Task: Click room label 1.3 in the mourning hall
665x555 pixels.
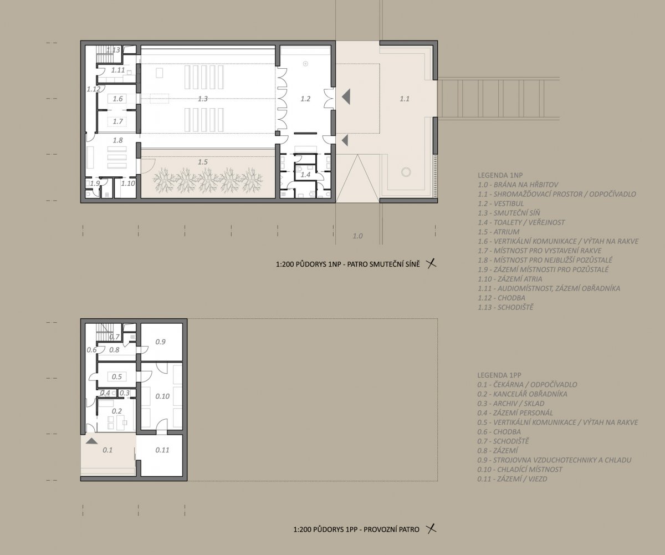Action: [203, 99]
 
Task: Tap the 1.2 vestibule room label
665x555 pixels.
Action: [305, 99]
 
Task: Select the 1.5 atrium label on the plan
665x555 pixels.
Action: [203, 162]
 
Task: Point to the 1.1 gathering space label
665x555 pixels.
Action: [405, 99]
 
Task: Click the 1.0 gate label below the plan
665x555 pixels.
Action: [357, 236]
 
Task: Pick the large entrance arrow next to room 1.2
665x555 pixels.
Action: [346, 96]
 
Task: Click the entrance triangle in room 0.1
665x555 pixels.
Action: [91, 441]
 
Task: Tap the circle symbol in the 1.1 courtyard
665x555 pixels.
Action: [406, 172]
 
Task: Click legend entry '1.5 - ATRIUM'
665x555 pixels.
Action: [498, 232]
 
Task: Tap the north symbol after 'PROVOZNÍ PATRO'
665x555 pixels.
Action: [431, 529]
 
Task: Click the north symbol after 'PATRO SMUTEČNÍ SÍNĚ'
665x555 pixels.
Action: [432, 264]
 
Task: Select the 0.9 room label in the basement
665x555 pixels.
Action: [160, 342]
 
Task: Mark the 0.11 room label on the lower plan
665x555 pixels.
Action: [162, 450]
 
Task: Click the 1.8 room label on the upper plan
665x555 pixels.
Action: [118, 140]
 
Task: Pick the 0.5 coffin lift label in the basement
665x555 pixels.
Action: [116, 376]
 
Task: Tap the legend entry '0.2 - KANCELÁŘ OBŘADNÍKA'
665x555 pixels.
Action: [523, 394]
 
